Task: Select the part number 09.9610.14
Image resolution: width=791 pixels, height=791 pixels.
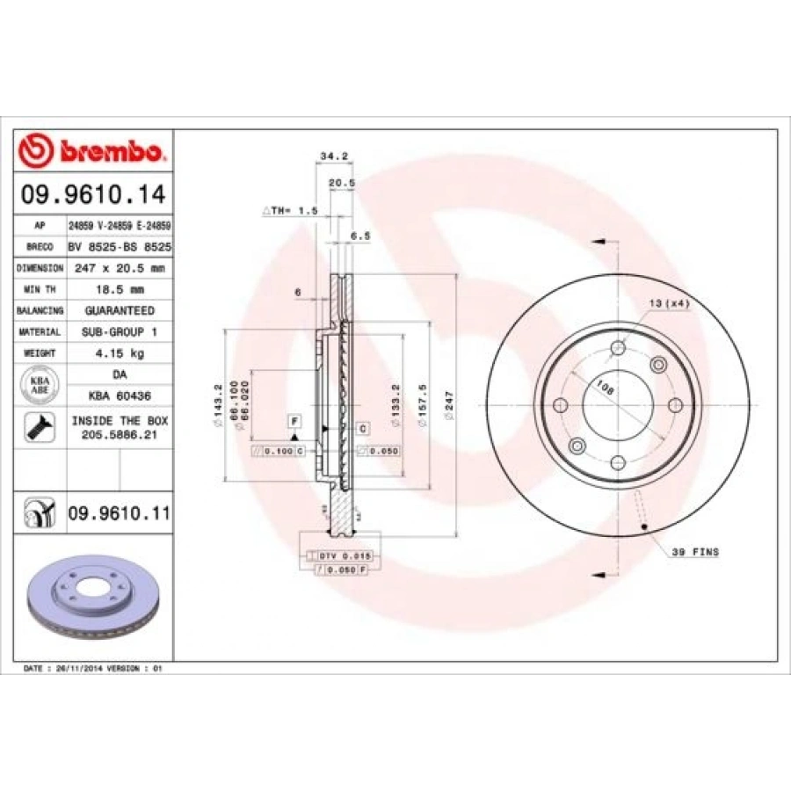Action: [93, 192]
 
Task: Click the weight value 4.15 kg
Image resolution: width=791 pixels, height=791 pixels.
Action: [119, 353]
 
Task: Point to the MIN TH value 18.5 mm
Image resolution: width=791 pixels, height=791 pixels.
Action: [119, 288]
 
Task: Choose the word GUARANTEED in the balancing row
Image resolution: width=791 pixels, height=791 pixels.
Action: [119, 310]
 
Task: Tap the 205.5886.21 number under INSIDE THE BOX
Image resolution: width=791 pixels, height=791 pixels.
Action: [119, 434]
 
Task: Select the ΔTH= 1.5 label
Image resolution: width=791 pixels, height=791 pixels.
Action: [289, 212]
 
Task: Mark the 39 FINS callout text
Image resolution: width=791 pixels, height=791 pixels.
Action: [695, 552]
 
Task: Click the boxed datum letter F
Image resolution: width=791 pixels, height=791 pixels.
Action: [294, 423]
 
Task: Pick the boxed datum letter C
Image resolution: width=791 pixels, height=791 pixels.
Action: [362, 427]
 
